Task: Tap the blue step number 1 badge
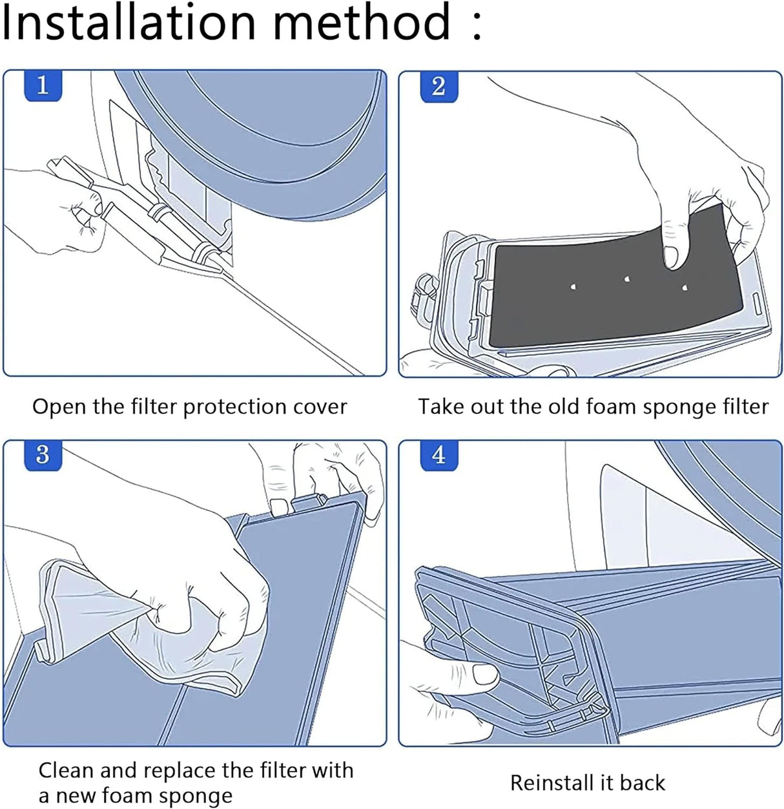(43, 85)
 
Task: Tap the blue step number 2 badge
(438, 87)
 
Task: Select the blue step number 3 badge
(43, 455)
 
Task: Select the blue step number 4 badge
(438, 455)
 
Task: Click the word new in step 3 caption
(77, 796)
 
